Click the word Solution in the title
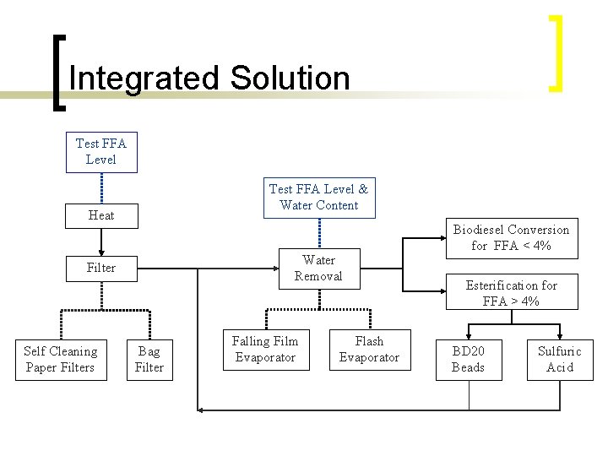coord(288,79)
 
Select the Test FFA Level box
coord(101,152)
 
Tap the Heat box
coord(101,215)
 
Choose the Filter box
coord(101,268)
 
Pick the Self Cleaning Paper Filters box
coord(61,359)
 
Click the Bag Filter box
coord(149,359)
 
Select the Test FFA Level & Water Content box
coord(318,198)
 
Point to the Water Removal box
coord(318,268)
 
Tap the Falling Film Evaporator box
coord(265,350)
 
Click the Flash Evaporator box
coord(369,350)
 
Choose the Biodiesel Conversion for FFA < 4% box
coord(511,237)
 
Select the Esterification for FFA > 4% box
coord(511,293)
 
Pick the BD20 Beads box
coord(468,359)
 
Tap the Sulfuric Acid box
coord(560,359)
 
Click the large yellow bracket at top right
coord(556,52)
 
